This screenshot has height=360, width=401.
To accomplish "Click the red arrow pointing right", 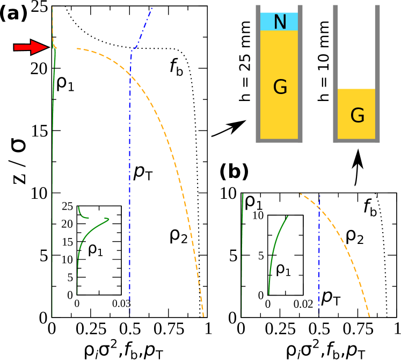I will click(31, 47).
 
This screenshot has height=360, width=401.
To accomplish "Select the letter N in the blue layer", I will click(280, 22).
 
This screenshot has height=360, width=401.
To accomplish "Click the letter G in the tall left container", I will click(280, 87).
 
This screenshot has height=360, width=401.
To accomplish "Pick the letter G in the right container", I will click(357, 116).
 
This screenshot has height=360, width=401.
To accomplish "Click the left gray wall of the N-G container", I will click(258, 73).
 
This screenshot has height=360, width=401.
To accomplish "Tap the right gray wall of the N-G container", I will click(300, 73).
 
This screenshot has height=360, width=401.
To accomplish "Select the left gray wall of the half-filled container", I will click(335, 73).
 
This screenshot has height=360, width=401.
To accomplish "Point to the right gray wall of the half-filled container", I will click(377, 73).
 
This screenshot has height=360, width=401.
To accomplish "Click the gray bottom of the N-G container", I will click(279, 141).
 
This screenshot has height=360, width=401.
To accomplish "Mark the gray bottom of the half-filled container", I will click(356, 141).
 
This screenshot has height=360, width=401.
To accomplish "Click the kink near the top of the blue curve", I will click(132, 51).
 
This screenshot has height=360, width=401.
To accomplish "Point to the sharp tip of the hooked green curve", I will click(109, 219).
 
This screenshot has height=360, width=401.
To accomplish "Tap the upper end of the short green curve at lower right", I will click(288, 216).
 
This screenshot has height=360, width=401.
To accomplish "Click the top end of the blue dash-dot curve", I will click(152, 7).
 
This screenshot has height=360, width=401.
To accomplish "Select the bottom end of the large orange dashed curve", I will click(203, 316).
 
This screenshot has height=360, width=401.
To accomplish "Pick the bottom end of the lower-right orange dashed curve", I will click(370, 316).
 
